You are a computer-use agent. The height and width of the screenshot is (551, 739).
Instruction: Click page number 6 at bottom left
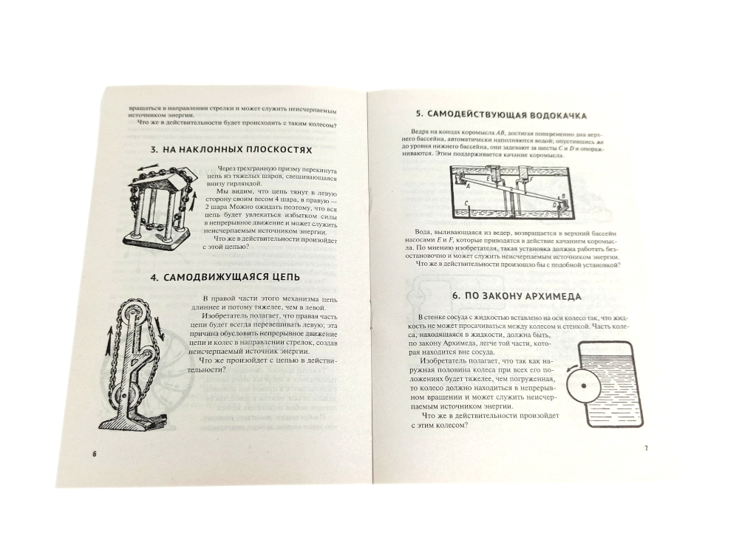pyautogui.click(x=95, y=454)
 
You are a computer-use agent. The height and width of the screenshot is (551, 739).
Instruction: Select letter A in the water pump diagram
pyautogui.click(x=467, y=186)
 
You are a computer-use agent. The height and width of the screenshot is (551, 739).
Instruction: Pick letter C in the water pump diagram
pyautogui.click(x=466, y=203)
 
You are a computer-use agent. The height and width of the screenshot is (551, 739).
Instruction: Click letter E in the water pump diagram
pyautogui.click(x=487, y=179)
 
